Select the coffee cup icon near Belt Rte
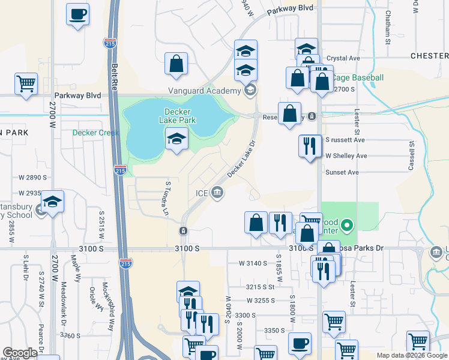(77, 14)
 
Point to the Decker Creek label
(92, 133)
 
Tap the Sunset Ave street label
(342, 172)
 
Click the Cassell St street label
(412, 156)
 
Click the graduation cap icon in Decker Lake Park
(177, 140)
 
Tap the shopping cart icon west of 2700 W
(26, 83)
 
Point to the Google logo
(20, 353)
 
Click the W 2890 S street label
(32, 178)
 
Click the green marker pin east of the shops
(346, 226)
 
